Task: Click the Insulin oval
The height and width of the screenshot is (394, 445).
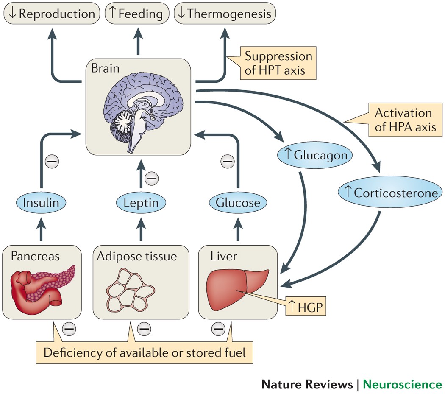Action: [x=41, y=203]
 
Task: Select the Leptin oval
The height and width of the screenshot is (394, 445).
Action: [x=141, y=203]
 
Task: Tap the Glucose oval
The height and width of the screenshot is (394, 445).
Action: [x=238, y=203]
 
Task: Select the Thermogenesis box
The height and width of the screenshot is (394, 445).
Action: [x=225, y=14]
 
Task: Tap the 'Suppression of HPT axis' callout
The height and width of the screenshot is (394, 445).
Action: [x=278, y=63]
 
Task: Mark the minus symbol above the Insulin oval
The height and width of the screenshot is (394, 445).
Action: [x=52, y=161]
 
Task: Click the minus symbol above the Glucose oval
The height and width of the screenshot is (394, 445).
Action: [x=228, y=161]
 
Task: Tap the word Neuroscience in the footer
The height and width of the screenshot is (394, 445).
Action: [x=402, y=384]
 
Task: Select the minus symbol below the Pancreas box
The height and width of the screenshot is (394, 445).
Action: [x=69, y=328]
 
